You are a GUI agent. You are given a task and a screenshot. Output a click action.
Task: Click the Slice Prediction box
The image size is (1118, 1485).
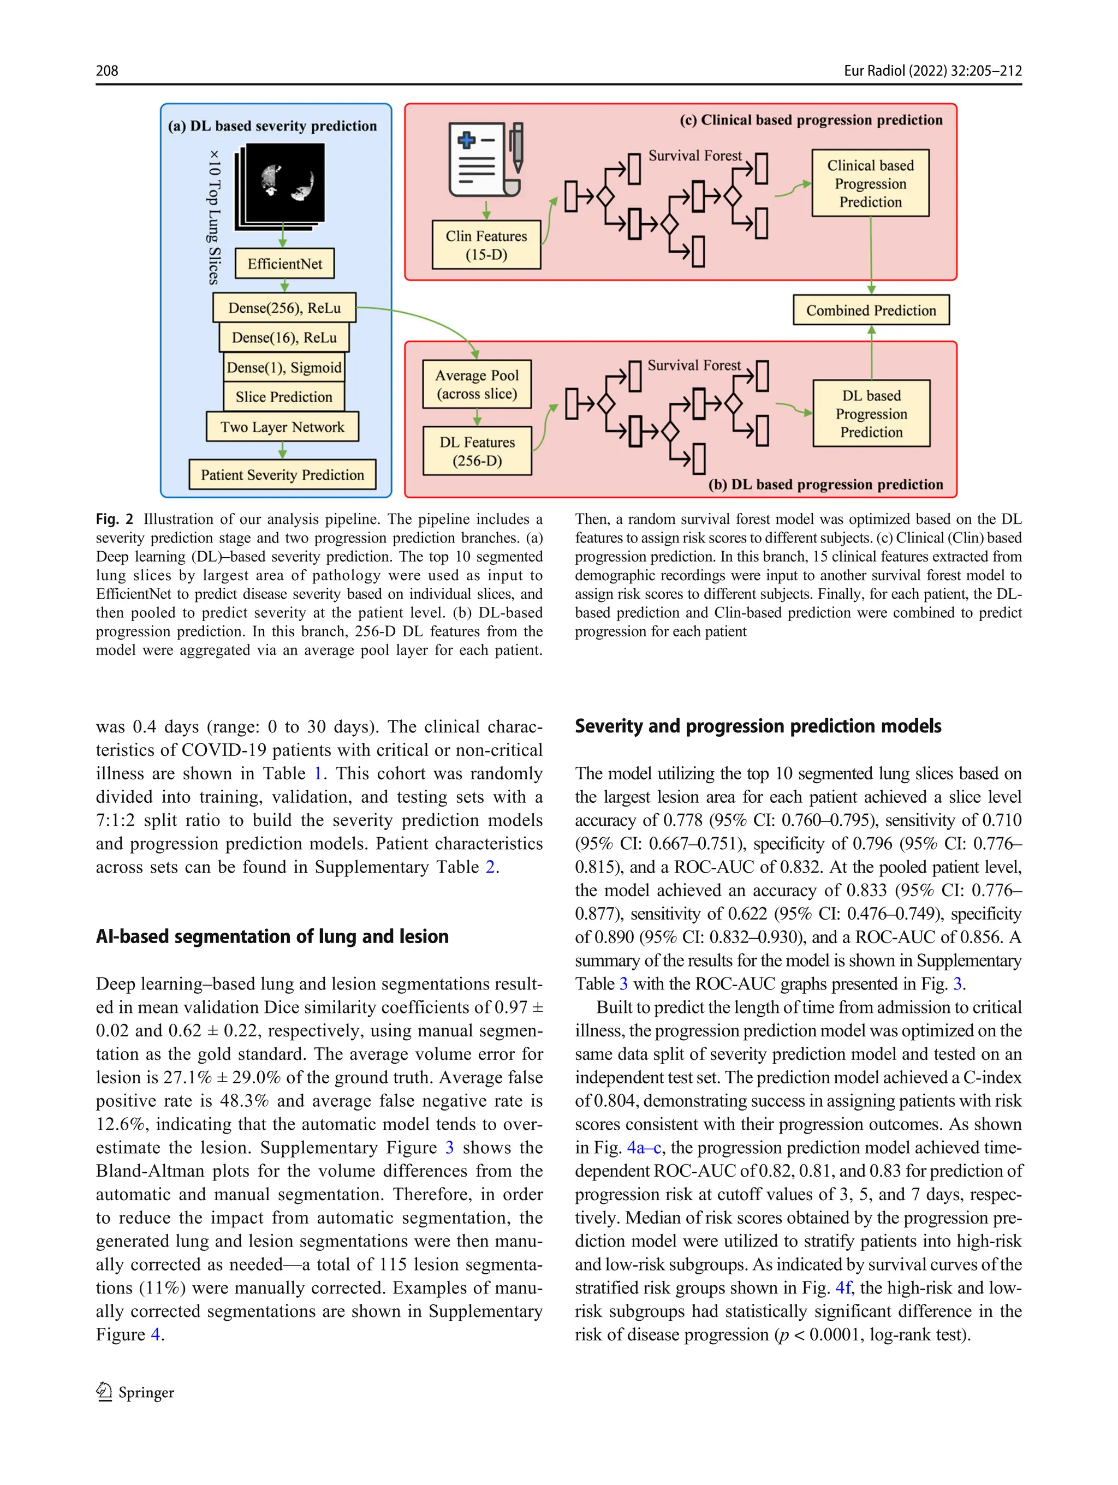284,397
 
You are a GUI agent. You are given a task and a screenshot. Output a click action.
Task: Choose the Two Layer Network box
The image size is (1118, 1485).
282,427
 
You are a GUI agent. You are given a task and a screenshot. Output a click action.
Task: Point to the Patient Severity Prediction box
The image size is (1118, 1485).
282,475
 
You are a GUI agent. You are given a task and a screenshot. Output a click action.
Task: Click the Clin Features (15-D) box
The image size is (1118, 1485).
486,245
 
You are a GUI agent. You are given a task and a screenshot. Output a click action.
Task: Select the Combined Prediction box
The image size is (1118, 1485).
871,310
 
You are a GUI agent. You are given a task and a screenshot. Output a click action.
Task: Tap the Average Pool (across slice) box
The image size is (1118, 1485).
477,384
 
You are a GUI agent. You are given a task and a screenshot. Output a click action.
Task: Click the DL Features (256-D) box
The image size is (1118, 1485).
477,451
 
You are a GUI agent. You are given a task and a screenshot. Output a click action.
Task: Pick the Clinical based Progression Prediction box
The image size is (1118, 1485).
870,183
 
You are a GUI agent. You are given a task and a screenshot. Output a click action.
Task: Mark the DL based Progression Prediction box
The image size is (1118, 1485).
871,414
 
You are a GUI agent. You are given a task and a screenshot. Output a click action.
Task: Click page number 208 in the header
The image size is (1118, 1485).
107,70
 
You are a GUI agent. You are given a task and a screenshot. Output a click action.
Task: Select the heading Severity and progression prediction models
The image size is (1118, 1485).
757,726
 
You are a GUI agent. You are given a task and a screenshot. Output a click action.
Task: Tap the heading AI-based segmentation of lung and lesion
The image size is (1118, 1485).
272,936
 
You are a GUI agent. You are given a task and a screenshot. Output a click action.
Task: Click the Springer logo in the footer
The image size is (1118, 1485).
135,1392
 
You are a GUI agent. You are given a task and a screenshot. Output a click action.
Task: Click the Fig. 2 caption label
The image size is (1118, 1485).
114,519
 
